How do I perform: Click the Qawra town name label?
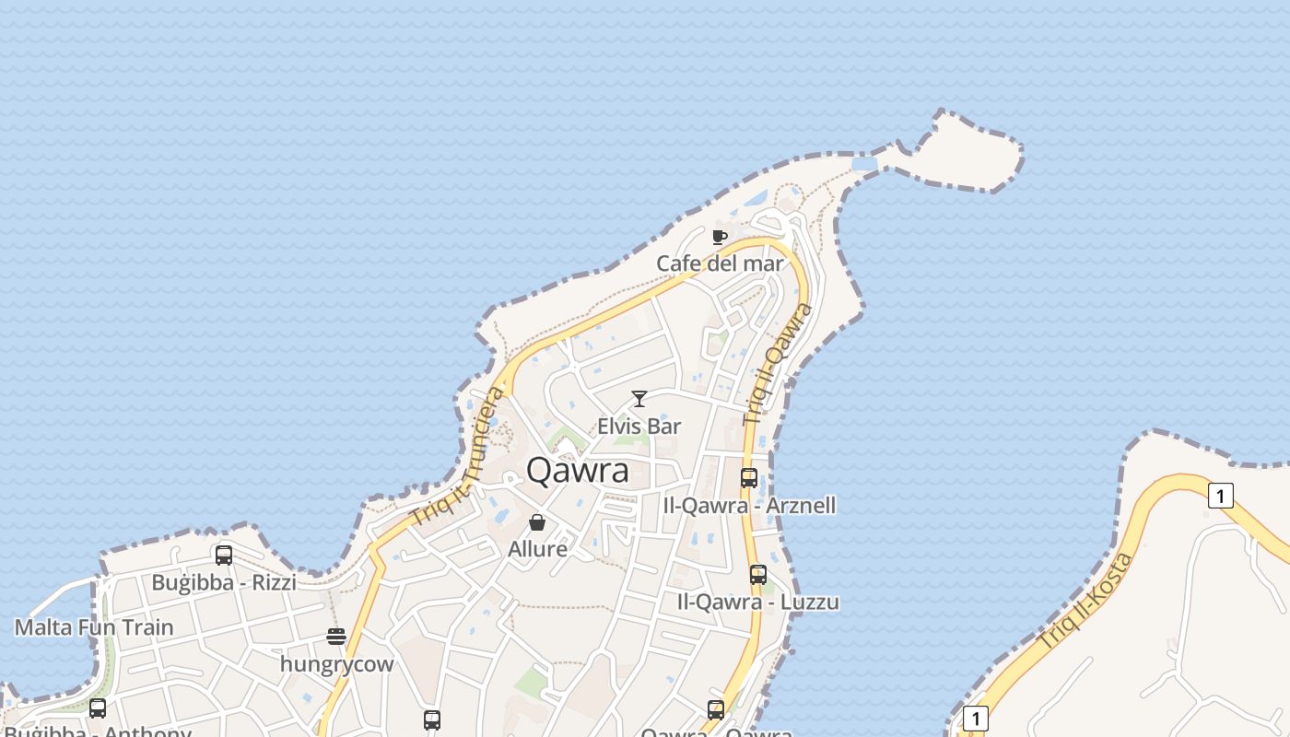578,471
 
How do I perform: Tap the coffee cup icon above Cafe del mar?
720,238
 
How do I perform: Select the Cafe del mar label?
720,263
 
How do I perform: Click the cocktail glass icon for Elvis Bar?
639,399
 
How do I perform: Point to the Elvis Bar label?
639,426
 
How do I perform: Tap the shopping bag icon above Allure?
537,522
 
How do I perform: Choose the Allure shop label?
537,549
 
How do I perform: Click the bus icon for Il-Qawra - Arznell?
749,478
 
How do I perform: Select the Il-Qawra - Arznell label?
749,505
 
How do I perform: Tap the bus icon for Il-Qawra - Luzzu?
757,575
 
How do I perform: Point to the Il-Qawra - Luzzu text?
757,602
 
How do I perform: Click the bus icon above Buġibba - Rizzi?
224,556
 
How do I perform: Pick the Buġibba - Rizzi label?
224,582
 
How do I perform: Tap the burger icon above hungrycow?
336,637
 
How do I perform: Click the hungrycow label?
336,664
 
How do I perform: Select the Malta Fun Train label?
94,627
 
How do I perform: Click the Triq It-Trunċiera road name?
459,458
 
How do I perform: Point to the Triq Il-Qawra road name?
779,363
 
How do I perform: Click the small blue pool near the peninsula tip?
864,164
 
